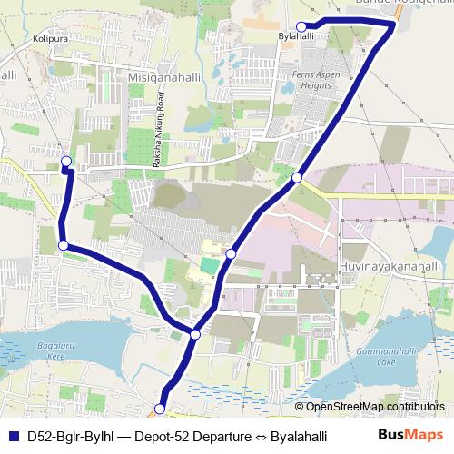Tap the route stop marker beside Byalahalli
pyautogui.click(x=302, y=25)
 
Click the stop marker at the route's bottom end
pyautogui.click(x=160, y=410)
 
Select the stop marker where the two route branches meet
pyautogui.click(x=195, y=335)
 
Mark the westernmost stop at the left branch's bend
pyautogui.click(x=64, y=245)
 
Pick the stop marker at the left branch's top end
pyautogui.click(x=65, y=163)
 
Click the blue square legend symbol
pyautogui.click(x=13, y=436)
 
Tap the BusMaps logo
pyautogui.click(x=416, y=436)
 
